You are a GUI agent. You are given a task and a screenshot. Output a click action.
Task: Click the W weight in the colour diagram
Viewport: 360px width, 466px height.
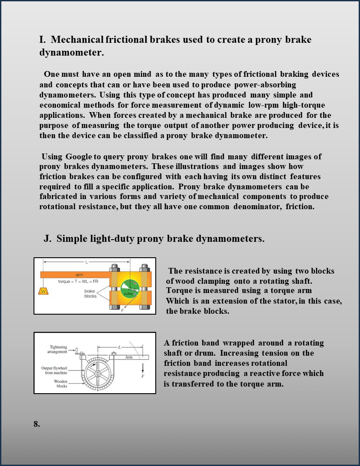pos(43,291)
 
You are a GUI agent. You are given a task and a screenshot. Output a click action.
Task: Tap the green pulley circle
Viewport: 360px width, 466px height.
pos(130,289)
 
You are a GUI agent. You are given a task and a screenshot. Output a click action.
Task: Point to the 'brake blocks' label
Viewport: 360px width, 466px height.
pos(90,293)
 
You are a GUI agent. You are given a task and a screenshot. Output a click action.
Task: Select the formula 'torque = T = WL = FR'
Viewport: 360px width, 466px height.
pos(78,281)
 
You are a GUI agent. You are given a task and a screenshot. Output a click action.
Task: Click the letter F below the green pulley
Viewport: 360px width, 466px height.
pos(122,311)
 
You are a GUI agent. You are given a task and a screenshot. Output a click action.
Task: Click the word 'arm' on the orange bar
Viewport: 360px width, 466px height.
pos(79,274)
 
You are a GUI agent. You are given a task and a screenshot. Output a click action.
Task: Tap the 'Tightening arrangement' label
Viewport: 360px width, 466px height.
pos(57,349)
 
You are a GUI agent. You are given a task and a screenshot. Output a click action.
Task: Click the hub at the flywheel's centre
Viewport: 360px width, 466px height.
pos(97,373)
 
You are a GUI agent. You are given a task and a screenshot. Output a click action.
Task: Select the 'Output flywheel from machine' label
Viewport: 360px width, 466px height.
pos(54,370)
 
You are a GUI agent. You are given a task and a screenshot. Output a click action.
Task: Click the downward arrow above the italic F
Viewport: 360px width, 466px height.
pos(143,367)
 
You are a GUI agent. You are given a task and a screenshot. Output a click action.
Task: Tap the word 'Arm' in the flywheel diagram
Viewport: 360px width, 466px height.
pos(129,357)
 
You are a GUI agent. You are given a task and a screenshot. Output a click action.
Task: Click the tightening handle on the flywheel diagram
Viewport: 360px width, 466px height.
pos(77,352)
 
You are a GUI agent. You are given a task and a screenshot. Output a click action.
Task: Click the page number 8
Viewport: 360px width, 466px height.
pos(37,424)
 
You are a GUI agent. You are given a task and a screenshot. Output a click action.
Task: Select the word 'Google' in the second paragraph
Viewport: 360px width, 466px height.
pos(79,157)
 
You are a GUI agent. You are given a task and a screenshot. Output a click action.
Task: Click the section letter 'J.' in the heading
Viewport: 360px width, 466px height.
pos(48,238)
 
